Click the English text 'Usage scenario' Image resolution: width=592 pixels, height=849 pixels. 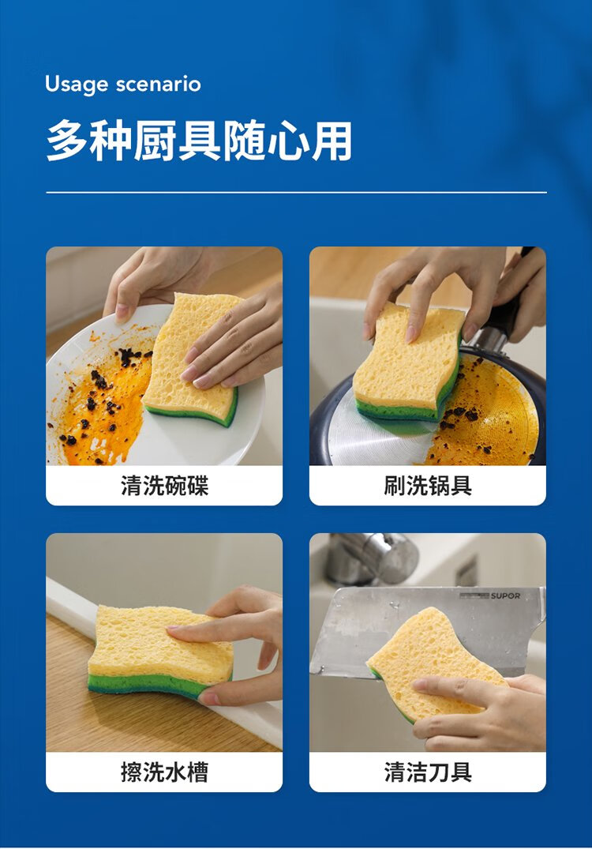(x=123, y=85)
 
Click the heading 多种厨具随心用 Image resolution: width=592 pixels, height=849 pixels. (x=199, y=141)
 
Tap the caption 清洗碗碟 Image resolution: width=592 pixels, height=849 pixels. (x=164, y=485)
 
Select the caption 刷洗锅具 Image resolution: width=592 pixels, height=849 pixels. (x=428, y=485)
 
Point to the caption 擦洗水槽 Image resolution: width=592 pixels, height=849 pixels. (x=164, y=772)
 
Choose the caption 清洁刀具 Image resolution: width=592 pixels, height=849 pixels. (x=428, y=772)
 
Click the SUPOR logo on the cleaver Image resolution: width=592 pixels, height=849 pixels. (x=505, y=595)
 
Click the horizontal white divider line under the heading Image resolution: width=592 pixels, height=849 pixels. (x=296, y=192)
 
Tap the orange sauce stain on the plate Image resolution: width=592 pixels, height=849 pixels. (x=100, y=411)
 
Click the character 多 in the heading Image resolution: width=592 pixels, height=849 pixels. (x=67, y=141)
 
